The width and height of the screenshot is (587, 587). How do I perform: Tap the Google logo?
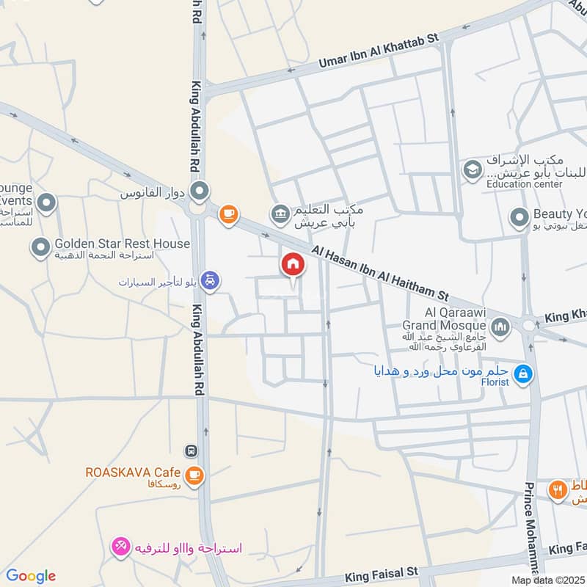(30, 576)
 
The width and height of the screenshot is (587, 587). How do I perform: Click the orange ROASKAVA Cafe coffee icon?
(194, 475)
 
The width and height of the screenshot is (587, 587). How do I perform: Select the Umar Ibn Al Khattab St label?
(377, 51)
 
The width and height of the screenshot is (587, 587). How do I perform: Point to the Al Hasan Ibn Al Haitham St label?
(379, 274)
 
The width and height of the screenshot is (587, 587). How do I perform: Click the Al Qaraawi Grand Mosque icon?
(500, 326)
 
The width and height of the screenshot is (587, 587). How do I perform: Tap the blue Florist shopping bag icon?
(523, 374)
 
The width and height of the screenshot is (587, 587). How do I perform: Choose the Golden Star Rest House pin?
(40, 249)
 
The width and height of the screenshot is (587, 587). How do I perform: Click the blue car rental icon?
(210, 281)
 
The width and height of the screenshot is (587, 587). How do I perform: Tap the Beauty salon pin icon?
(519, 217)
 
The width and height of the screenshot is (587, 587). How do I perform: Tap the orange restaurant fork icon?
(558, 489)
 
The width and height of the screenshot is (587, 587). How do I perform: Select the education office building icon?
(280, 214)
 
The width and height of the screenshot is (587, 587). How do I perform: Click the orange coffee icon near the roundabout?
(229, 214)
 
